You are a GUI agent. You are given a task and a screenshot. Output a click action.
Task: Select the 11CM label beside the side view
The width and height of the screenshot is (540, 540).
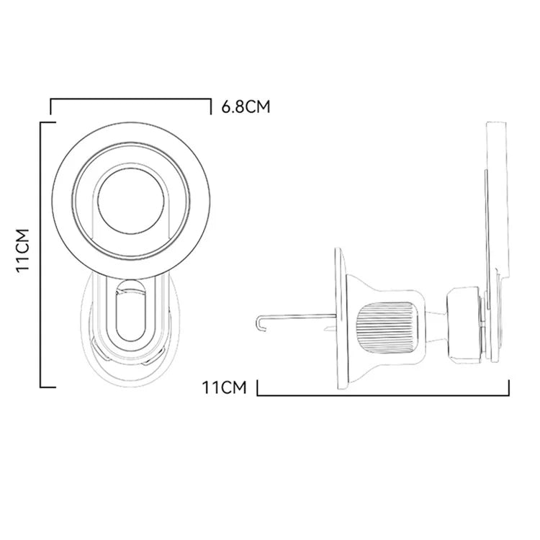pyautogui.click(x=225, y=388)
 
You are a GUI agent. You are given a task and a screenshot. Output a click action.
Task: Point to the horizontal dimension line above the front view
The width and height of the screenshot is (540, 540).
pyautogui.click(x=130, y=99)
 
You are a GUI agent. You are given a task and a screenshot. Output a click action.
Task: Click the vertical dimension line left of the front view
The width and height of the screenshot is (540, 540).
pyautogui.click(x=40, y=252)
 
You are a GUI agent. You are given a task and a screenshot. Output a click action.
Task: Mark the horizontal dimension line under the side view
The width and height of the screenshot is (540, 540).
pyautogui.click(x=382, y=395)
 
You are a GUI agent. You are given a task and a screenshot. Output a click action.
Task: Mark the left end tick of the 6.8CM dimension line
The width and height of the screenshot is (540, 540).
pyautogui.click(x=50, y=107)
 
